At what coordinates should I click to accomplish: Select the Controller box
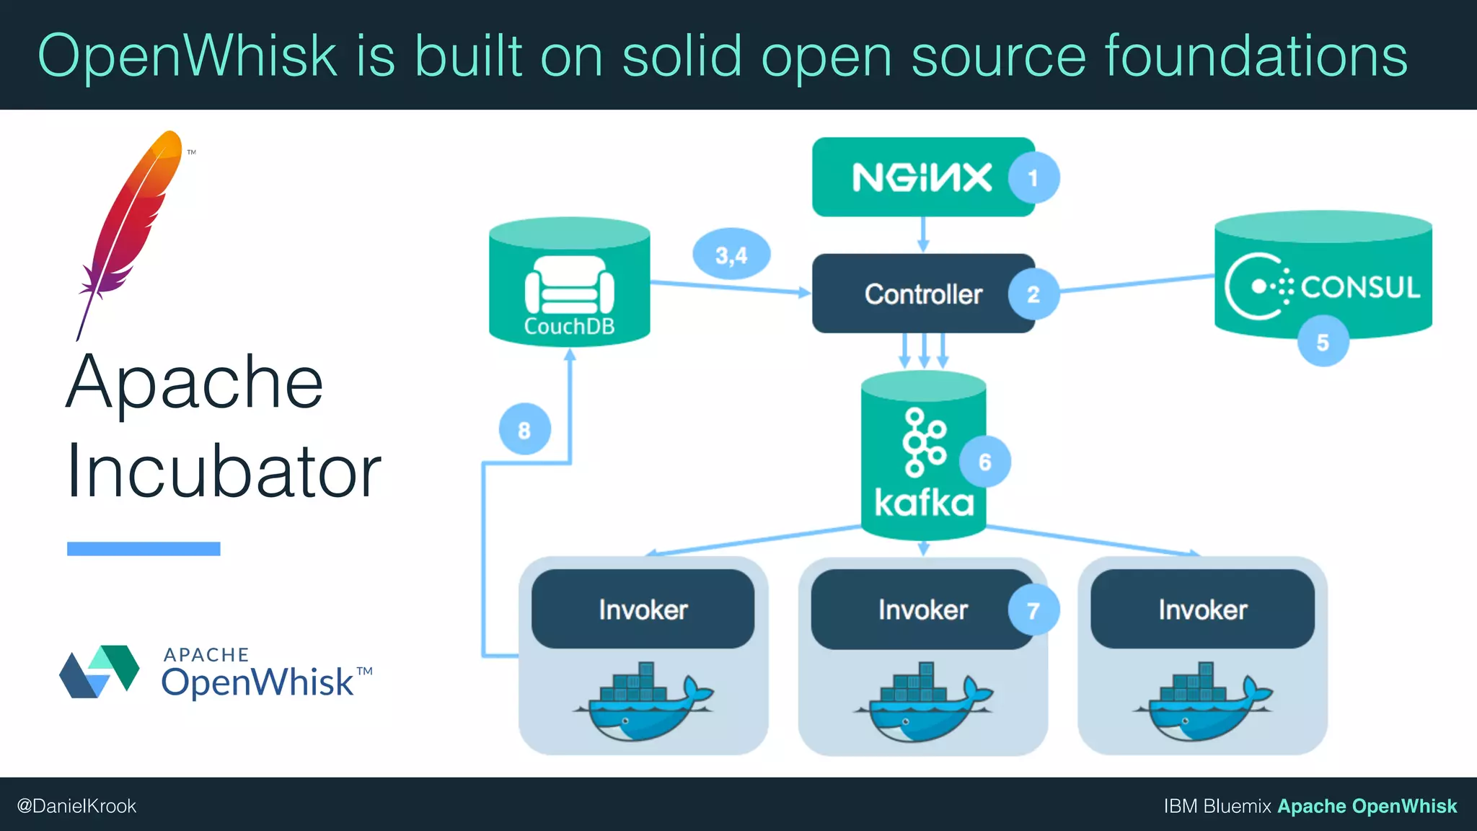pos(916,294)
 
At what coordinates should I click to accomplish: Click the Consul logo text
pos(1360,287)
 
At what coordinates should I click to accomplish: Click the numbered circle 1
pos(1033,177)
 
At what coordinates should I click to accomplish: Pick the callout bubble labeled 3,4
pos(731,255)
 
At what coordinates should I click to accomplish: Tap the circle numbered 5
pos(1323,342)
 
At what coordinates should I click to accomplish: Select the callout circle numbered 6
pos(984,462)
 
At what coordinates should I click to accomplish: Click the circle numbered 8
pos(524,430)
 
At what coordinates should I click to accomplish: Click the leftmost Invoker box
pos(643,610)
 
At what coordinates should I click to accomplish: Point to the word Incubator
pos(224,472)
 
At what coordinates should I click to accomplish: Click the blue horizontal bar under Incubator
pos(144,549)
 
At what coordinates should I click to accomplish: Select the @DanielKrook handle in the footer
pos(76,806)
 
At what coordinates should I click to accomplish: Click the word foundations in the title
pos(1255,56)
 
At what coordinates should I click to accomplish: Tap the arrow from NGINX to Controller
pos(923,235)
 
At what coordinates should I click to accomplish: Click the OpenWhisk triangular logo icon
pos(100,672)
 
